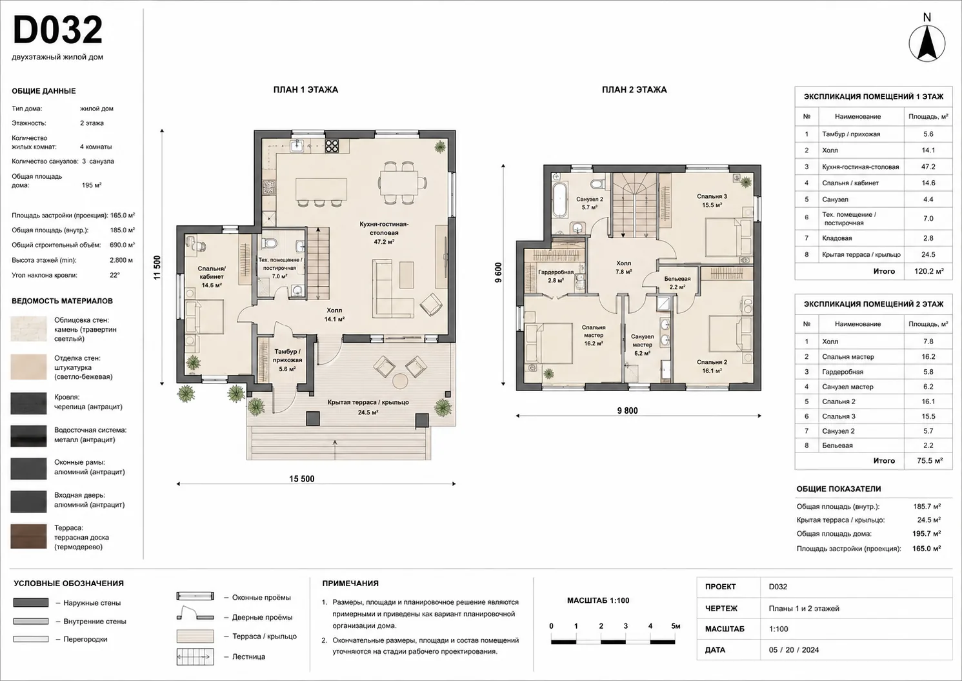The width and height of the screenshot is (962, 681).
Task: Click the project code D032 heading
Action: [x=57, y=30]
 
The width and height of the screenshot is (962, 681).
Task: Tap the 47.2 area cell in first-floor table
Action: [x=928, y=167]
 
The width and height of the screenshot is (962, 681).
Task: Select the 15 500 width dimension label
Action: [x=301, y=478]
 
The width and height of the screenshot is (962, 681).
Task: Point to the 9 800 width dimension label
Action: [x=627, y=411]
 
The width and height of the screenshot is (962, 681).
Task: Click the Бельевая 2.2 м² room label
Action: [x=677, y=283]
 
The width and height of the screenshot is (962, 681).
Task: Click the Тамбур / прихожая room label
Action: [x=287, y=360]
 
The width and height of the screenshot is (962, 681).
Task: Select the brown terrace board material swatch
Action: [x=28, y=536]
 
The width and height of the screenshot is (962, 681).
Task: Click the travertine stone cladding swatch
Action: [x=28, y=329]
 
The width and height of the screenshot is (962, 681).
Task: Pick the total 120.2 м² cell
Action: [x=928, y=271]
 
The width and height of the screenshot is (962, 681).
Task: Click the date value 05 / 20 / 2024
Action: [x=794, y=649]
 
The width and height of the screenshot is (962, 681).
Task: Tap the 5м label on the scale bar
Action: [x=676, y=626]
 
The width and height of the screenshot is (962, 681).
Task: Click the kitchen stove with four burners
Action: [x=331, y=146]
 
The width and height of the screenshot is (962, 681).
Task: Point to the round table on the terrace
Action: [x=401, y=381]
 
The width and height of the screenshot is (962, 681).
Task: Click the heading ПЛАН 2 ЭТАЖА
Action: [x=634, y=90]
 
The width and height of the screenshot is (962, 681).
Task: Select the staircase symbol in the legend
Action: [x=195, y=656]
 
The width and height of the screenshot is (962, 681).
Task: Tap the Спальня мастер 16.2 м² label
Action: [x=594, y=335]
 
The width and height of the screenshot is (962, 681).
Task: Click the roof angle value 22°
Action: [x=115, y=275]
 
